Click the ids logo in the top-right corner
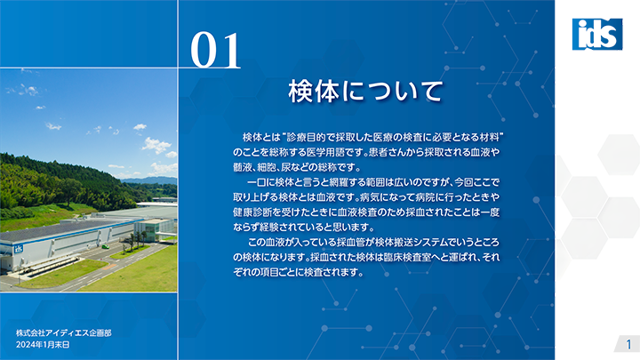(597, 35)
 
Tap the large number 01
(215, 51)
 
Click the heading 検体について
(365, 91)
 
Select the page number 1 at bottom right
(629, 344)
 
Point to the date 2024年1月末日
(43, 345)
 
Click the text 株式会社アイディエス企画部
(64, 333)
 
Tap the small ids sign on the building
(19, 249)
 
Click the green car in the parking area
(106, 246)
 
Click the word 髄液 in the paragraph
(241, 167)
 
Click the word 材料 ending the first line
(489, 138)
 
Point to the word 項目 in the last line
(268, 272)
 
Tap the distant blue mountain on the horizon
(149, 180)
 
